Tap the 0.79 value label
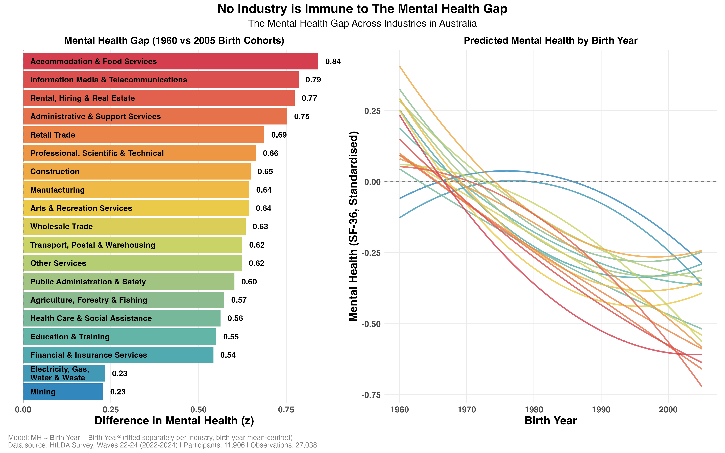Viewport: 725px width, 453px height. tap(313, 80)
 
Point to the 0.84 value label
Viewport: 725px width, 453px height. tap(333, 61)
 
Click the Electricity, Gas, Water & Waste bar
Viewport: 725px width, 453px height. tap(64, 373)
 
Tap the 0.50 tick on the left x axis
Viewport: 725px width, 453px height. tap(198, 410)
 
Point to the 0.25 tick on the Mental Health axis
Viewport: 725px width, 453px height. tap(372, 111)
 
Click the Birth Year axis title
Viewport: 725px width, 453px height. tap(550, 421)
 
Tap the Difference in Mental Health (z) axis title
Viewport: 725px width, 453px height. tap(174, 421)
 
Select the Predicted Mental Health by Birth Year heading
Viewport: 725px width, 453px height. tap(550, 40)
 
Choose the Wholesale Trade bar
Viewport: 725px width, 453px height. tap(134, 226)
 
